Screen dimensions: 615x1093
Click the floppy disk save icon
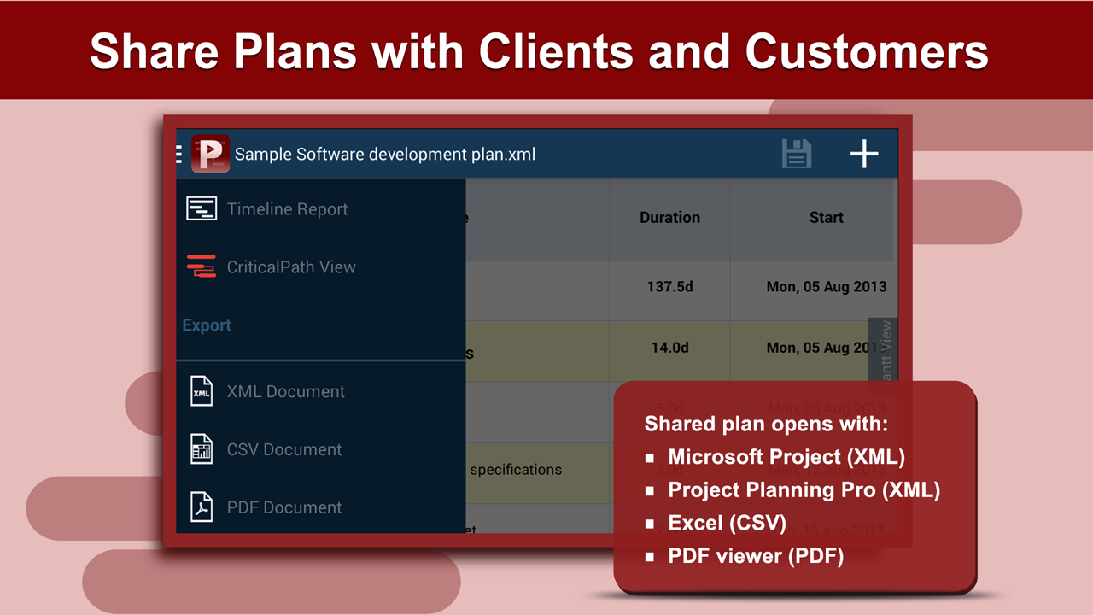tap(796, 154)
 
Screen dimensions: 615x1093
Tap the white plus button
tap(864, 154)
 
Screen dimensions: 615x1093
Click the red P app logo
tap(210, 154)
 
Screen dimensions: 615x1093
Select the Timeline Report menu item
tap(287, 209)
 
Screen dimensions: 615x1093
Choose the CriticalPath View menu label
tap(291, 267)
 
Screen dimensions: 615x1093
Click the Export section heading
tap(207, 325)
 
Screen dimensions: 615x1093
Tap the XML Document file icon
tap(202, 392)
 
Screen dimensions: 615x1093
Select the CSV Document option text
tap(284, 450)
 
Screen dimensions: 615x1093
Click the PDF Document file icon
tap(202, 507)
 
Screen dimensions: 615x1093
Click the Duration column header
tap(669, 218)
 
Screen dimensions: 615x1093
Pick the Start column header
tap(826, 218)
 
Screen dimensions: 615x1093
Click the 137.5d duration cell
tap(669, 287)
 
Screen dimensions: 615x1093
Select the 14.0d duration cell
tap(669, 348)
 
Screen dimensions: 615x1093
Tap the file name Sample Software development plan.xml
tap(385, 155)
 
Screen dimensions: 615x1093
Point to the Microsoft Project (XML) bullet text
tap(786, 457)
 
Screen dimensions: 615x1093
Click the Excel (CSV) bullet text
tap(727, 523)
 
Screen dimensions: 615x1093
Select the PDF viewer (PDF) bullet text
tap(756, 556)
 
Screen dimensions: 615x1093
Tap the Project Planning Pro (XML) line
tap(804, 490)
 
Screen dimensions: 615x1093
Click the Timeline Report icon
tap(202, 209)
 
